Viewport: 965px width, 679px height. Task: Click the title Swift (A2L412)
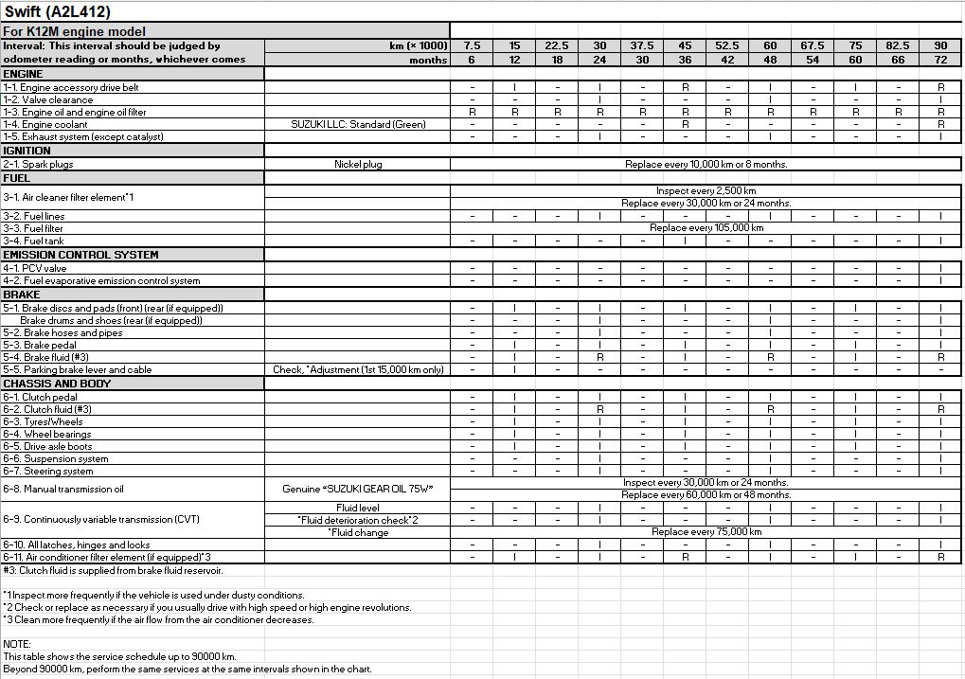(58, 12)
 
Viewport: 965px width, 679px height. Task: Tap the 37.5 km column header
(642, 45)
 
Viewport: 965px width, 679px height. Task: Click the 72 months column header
(940, 59)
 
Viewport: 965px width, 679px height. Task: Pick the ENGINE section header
(24, 74)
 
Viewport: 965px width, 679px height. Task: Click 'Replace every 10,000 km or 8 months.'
(706, 165)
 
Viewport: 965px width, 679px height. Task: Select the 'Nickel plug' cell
(358, 165)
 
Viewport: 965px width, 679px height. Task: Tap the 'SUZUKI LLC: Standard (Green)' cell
(358, 124)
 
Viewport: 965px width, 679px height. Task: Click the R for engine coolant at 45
(685, 124)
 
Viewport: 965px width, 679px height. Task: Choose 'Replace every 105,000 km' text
(706, 228)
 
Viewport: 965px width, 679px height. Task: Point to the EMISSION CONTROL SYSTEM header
(80, 255)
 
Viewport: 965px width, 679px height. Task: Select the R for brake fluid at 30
(599, 358)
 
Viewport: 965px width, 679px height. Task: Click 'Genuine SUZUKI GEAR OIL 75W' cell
(358, 490)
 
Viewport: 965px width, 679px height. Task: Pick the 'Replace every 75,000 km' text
(706, 532)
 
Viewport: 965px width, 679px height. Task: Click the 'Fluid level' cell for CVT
(358, 508)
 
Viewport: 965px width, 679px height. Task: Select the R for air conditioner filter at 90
(940, 558)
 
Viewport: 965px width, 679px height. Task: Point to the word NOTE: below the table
(18, 644)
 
